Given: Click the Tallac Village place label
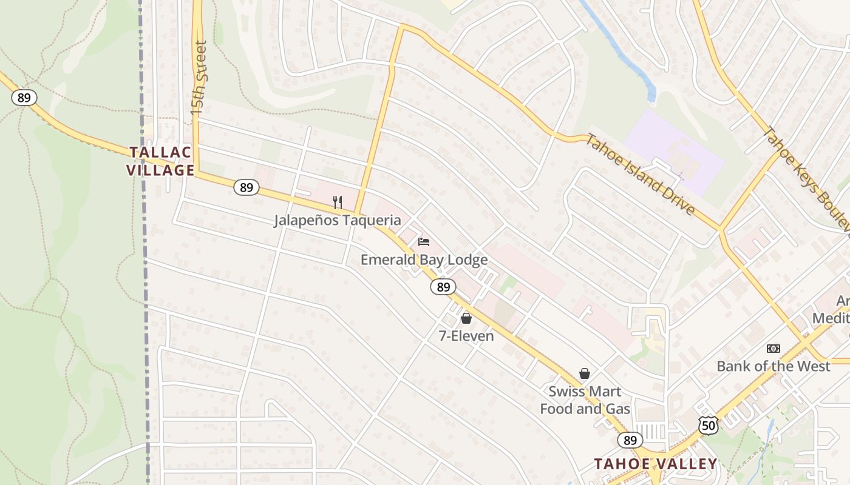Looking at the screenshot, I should [x=160, y=161].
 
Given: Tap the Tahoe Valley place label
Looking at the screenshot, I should [x=655, y=464].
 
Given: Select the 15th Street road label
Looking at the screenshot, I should [x=199, y=79].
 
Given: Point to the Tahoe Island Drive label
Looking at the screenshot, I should [x=641, y=174].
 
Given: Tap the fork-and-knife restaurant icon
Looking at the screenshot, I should [x=338, y=202].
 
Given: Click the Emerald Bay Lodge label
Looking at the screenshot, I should [x=424, y=259].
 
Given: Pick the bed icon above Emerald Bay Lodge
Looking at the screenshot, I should [x=424, y=242].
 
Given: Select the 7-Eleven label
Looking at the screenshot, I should [x=466, y=335].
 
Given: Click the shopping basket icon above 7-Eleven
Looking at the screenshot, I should [x=466, y=318].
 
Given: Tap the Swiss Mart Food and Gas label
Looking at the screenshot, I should [x=585, y=400].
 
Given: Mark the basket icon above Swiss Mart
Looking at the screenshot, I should [x=585, y=373].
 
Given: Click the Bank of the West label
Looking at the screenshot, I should [x=773, y=366].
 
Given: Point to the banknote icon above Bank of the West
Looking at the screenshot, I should [x=773, y=349].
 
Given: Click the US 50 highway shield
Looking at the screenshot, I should [x=708, y=425].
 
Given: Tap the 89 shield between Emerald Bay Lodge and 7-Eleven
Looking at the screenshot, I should [x=443, y=287].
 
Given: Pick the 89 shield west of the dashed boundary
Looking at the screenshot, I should [x=24, y=98].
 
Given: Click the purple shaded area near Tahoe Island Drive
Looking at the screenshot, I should [x=674, y=152].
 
